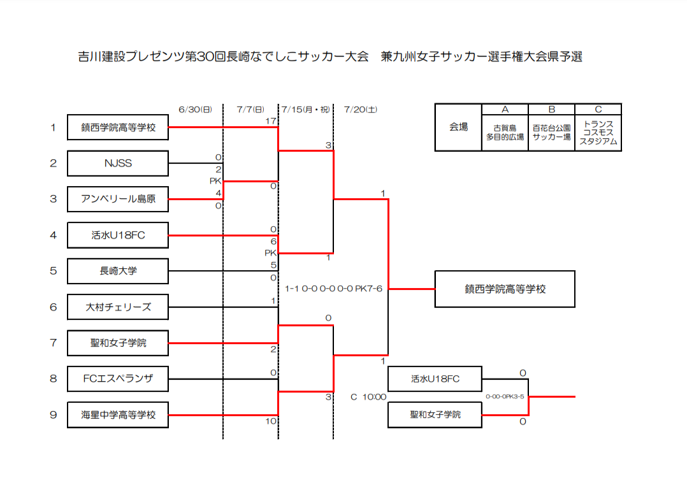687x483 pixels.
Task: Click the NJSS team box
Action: (x=118, y=163)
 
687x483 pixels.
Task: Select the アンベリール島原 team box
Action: (x=118, y=199)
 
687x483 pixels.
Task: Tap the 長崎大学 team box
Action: (x=118, y=271)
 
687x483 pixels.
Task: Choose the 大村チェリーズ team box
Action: (x=118, y=307)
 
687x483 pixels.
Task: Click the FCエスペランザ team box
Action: (x=118, y=378)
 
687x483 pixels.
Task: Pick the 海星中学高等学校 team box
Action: (x=118, y=415)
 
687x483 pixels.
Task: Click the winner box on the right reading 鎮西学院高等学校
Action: (x=505, y=289)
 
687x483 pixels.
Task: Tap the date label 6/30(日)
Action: (x=196, y=110)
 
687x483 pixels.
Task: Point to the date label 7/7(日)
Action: (x=250, y=110)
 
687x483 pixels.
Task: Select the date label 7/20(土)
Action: (x=361, y=110)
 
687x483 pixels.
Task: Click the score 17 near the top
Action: (x=271, y=121)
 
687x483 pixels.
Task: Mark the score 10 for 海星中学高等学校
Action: (x=271, y=421)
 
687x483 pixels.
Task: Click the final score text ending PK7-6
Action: (x=333, y=289)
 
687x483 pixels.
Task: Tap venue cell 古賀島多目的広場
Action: (x=505, y=133)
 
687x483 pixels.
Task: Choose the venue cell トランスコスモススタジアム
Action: (x=598, y=133)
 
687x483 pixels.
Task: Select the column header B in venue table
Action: (x=552, y=110)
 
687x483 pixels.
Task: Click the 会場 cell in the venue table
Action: (x=458, y=127)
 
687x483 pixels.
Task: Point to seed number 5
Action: (x=54, y=271)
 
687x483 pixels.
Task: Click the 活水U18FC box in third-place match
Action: (x=435, y=378)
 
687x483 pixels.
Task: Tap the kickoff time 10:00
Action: (x=374, y=397)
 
